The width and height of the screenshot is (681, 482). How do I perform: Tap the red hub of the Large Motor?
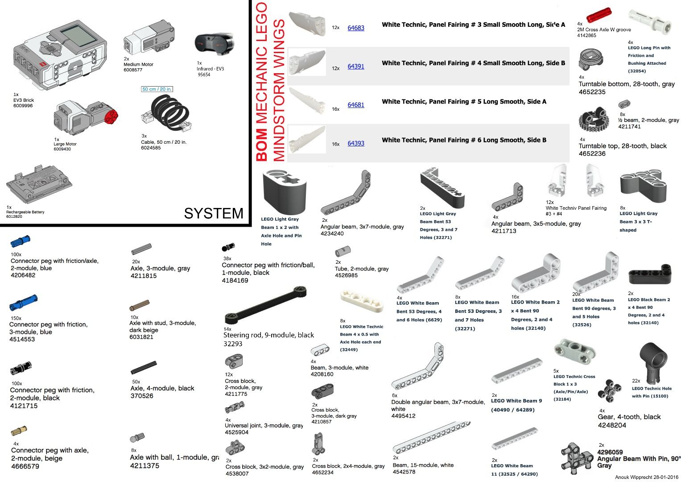pyautogui.click(x=111, y=117)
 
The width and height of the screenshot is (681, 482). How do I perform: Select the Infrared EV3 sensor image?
pyautogui.click(x=214, y=44)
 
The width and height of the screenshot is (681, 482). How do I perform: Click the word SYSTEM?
pyautogui.click(x=214, y=213)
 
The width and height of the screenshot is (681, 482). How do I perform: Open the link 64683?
pyautogui.click(x=356, y=28)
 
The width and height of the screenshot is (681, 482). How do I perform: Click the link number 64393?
pyautogui.click(x=356, y=143)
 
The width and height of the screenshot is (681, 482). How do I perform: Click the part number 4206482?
pyautogui.click(x=23, y=275)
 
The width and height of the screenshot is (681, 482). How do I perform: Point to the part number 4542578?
pyautogui.click(x=404, y=472)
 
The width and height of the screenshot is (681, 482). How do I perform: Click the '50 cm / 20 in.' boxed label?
pyautogui.click(x=157, y=89)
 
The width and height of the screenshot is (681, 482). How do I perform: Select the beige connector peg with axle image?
pyautogui.click(x=19, y=431)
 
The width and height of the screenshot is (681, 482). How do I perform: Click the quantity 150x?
pyautogui.click(x=16, y=318)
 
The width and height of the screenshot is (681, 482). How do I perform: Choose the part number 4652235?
pyautogui.click(x=592, y=92)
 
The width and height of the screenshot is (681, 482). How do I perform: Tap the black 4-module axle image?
pyautogui.click(x=144, y=368)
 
